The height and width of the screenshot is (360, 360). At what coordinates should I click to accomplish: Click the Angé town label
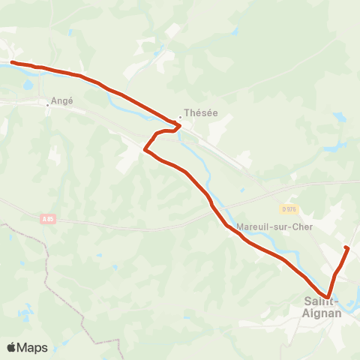pos(63,100)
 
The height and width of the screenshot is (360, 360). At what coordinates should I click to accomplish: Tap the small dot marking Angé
pos(47,105)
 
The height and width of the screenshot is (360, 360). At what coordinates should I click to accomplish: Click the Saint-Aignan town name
pos(322,307)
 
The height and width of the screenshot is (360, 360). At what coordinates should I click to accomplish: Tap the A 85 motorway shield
pos(48,219)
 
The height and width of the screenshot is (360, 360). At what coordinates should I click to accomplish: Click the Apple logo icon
pos(12,347)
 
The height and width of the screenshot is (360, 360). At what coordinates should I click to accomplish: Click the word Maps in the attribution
pos(32,347)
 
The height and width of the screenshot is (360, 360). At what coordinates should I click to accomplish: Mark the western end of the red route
pos(12,63)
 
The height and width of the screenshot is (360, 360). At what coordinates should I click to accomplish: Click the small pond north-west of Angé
pos(28,85)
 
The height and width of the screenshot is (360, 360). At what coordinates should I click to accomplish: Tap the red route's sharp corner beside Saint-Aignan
pos(327,295)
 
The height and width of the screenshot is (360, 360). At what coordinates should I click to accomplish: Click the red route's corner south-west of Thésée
pos(145,151)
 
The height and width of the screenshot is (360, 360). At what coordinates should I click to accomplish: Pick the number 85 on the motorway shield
pos(50,219)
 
